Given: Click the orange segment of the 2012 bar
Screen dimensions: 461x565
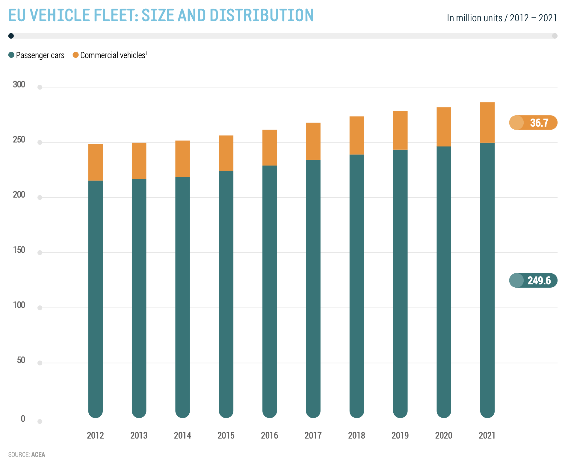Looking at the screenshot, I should [95, 163].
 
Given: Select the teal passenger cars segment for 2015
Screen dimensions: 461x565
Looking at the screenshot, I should [226, 293].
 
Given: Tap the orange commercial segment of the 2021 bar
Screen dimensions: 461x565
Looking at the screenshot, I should [487, 123].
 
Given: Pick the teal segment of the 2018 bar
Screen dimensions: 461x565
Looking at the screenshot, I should [356, 284].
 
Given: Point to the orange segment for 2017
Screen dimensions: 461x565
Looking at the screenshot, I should [313, 141].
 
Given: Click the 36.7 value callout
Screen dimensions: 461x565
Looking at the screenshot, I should [533, 123].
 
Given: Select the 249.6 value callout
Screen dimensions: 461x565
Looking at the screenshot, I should [533, 280].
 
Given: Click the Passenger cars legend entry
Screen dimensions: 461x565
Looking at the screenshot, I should [37, 55].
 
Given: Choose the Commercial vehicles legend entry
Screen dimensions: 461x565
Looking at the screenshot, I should [110, 55].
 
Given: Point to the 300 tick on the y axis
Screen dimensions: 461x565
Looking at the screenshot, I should [19, 84].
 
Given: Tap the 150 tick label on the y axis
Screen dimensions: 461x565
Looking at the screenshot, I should [19, 250].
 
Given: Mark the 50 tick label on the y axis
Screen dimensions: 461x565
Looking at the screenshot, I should [21, 360].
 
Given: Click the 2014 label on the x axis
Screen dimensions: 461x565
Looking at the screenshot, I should [182, 435].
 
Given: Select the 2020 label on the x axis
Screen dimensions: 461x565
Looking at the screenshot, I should [443, 435].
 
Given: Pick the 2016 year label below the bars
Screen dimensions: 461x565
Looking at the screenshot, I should [269, 435].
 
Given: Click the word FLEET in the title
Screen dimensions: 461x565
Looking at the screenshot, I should [115, 15].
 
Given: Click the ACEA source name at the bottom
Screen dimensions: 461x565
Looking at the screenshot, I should [38, 454].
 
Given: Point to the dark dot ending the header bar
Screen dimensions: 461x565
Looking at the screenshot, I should [11, 36].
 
